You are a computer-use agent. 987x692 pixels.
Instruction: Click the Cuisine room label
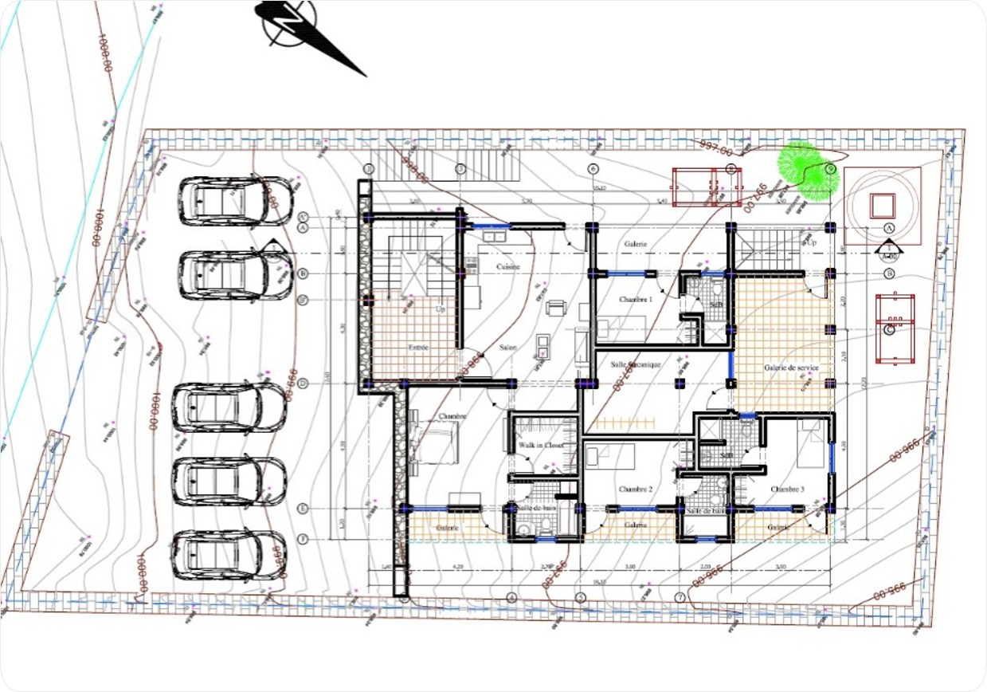(508, 266)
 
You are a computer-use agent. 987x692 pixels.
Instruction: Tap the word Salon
(508, 348)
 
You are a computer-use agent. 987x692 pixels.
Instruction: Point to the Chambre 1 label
(635, 299)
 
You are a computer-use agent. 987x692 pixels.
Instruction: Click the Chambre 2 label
(635, 489)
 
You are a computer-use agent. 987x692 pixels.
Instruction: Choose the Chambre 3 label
(786, 489)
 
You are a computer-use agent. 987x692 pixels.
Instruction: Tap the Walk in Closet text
(541, 445)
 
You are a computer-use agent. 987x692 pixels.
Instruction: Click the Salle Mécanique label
(635, 364)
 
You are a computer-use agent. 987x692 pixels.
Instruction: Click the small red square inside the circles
(882, 206)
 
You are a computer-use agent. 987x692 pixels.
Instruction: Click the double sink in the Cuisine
(495, 236)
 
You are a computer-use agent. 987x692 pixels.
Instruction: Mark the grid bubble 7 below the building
(680, 597)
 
